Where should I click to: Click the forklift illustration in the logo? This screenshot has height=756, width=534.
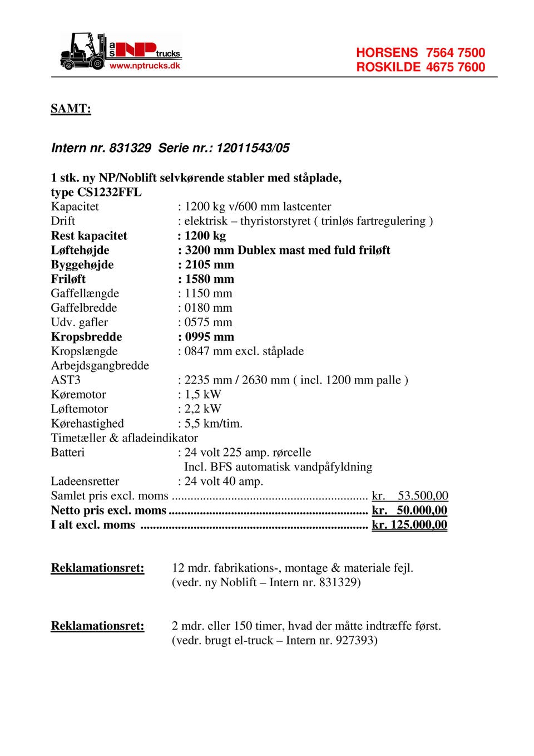coord(83,51)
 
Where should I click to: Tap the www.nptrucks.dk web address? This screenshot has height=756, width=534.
coord(145,66)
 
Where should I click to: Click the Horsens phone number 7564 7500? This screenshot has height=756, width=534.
coord(456,53)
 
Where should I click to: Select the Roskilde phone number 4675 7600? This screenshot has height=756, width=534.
coord(456,67)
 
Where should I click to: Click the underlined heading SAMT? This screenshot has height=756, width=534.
coord(71,109)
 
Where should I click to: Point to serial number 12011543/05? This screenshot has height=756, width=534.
coord(253,148)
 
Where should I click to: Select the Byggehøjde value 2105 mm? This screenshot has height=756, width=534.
coord(209,265)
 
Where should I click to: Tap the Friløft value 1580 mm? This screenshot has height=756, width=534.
coord(209,279)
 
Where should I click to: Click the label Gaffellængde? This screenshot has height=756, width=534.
coord(85,294)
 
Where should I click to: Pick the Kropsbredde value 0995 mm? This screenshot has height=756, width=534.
coord(209,337)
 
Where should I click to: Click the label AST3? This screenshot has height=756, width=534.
coord(66,380)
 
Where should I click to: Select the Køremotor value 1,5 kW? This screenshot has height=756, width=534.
coord(203,395)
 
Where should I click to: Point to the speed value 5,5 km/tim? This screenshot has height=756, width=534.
coord(214,424)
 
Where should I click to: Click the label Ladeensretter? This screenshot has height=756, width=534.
coord(85,482)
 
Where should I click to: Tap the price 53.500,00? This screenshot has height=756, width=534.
coord(423,496)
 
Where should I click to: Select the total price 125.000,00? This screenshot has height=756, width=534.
coord(418,525)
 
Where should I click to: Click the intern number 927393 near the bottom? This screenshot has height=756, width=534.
coord(356,641)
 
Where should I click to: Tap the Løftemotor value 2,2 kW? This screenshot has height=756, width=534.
coord(203,409)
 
